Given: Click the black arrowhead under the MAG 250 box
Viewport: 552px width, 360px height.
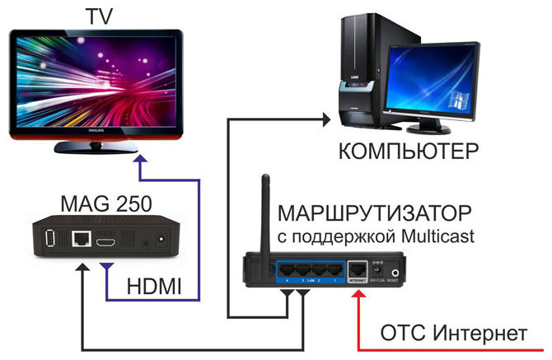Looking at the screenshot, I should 83,274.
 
